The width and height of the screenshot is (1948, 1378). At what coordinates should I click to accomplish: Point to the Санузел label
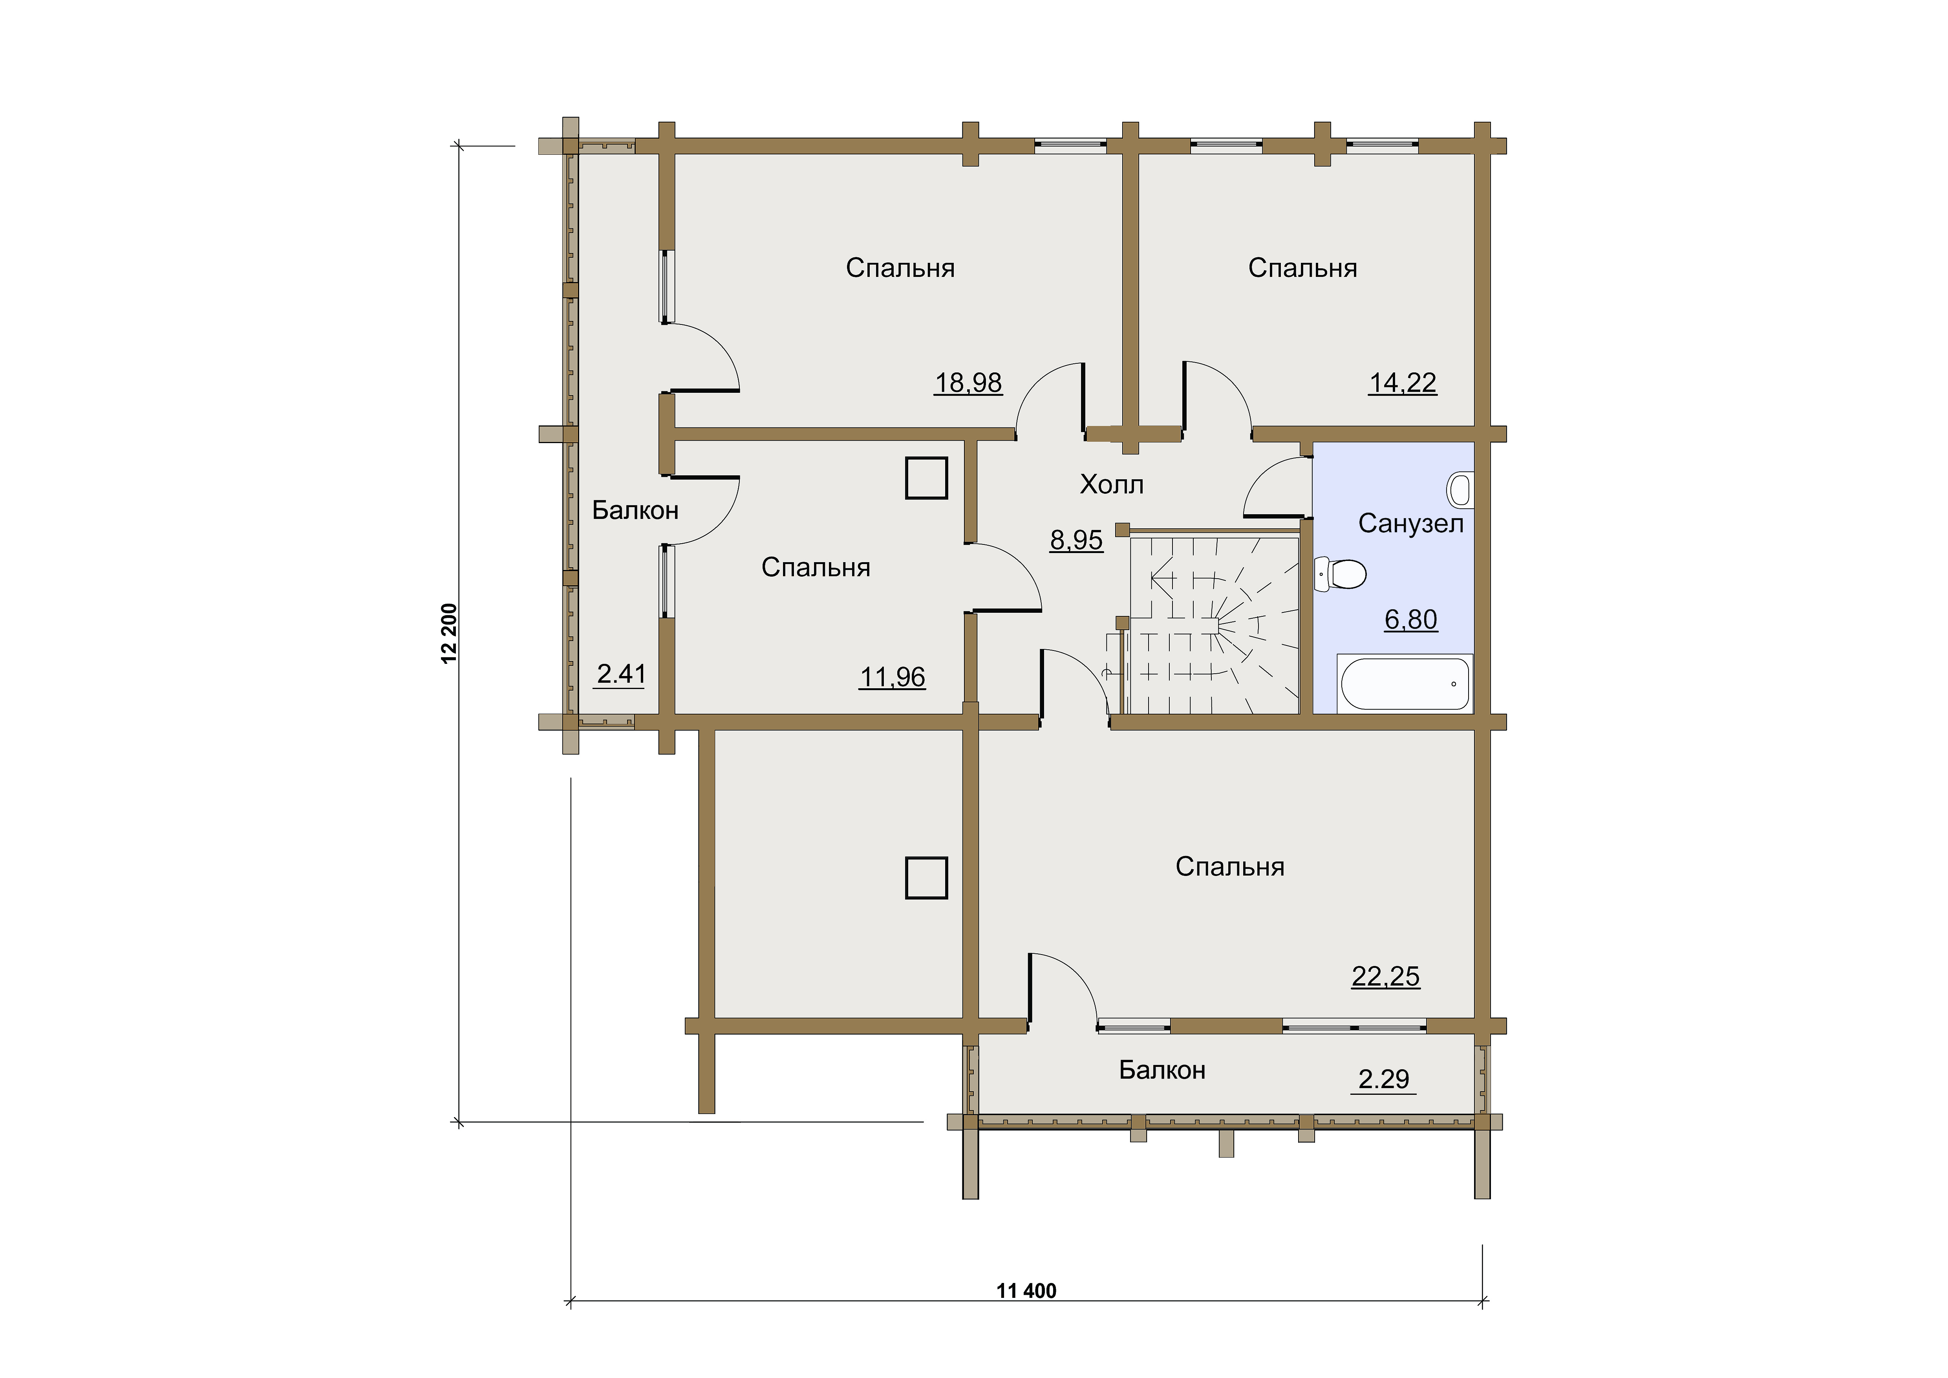pos(1411,524)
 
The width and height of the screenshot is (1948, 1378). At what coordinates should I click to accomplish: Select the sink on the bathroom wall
pos(1459,489)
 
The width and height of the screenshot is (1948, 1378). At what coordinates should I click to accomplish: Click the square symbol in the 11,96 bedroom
pos(927,478)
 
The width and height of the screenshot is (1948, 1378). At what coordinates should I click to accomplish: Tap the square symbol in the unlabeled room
pos(927,878)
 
